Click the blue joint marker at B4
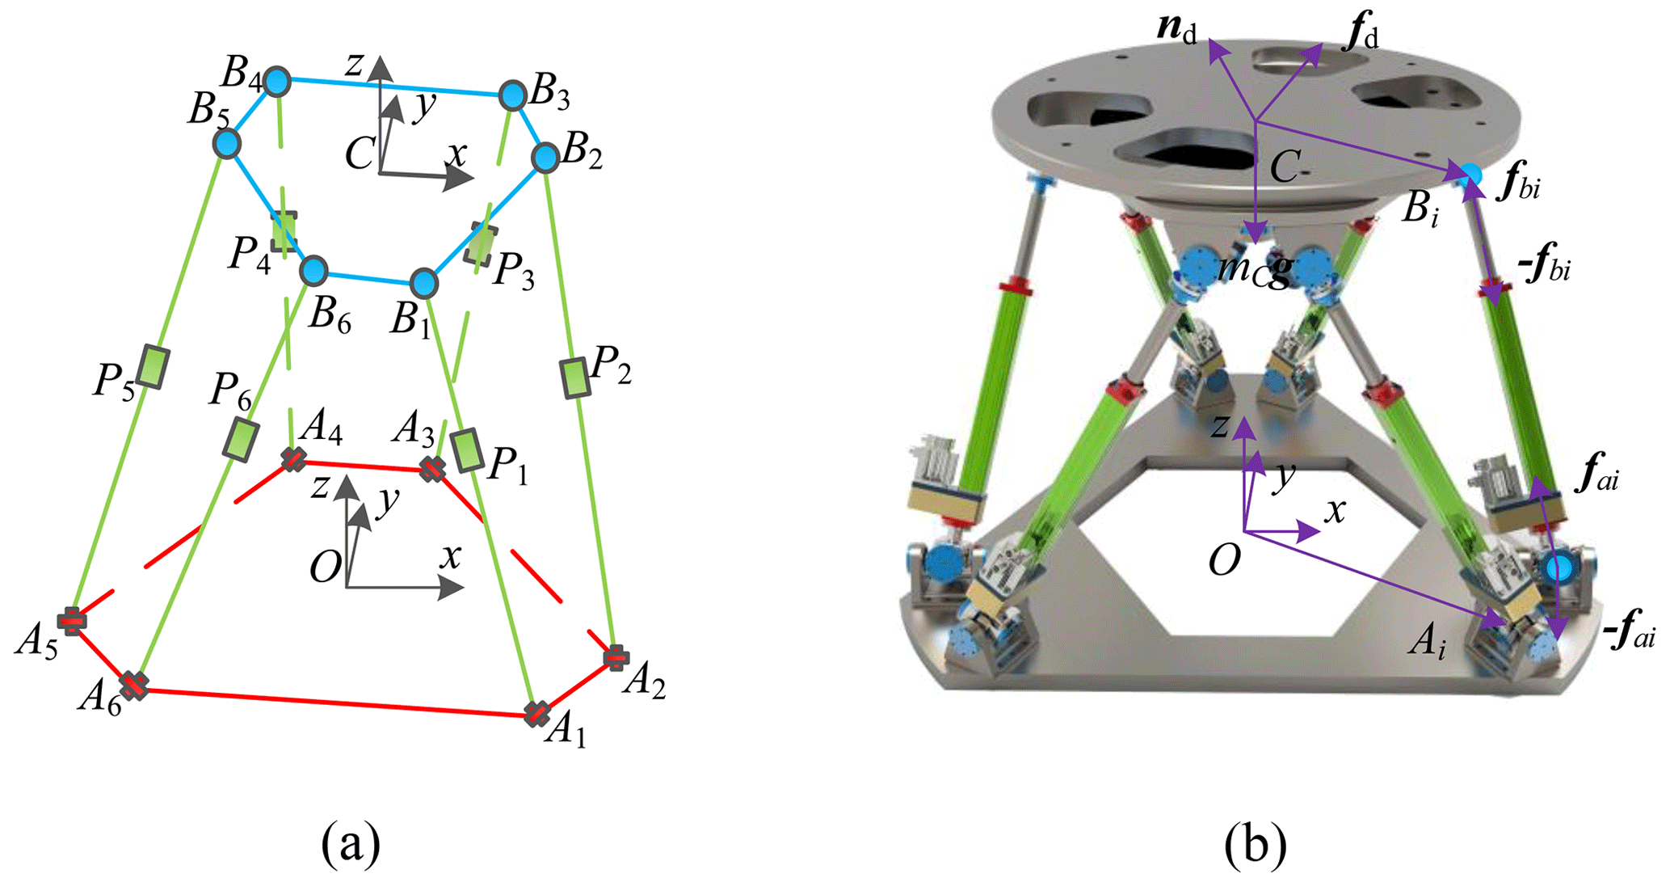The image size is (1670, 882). point(277,81)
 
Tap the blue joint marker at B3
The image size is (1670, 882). point(513,95)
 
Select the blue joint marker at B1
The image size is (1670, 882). point(424,283)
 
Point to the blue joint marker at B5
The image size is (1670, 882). point(227,144)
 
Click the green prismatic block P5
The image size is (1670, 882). point(152,366)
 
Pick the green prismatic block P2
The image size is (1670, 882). point(574,378)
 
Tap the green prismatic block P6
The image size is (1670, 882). point(240,440)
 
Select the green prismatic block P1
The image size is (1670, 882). point(467,450)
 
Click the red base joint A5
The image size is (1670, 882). point(71,621)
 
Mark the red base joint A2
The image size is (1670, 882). point(616,657)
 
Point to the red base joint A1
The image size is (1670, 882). point(536,714)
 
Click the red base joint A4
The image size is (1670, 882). point(292,459)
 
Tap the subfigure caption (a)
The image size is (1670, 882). point(350,845)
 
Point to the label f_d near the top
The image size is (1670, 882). point(1360,36)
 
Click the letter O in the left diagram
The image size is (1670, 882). point(326,568)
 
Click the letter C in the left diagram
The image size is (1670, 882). point(359,154)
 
